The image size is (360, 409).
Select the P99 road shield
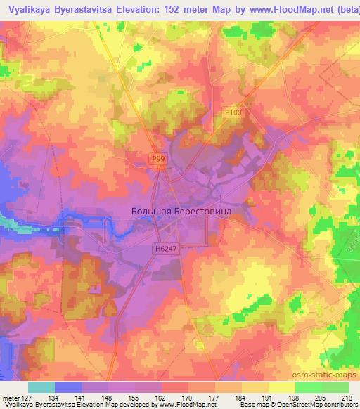click(159, 160)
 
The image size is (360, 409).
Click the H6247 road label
click(163, 248)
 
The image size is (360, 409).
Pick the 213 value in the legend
click(347, 396)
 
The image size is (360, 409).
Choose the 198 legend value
click(293, 396)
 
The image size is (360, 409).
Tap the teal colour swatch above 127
click(41, 387)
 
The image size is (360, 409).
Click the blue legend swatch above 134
click(68, 387)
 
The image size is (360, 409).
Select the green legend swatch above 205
click(309, 387)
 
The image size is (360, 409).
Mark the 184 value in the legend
click(239, 396)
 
